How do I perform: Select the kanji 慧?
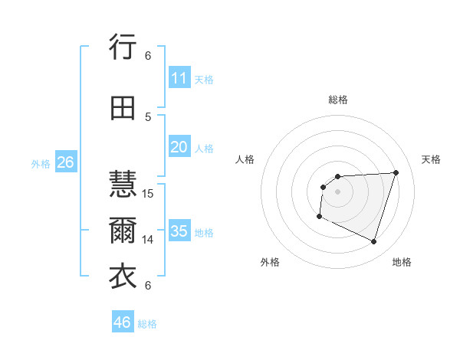[x=123, y=185]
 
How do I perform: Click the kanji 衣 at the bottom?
[x=123, y=277]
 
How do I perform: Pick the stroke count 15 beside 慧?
[x=148, y=193]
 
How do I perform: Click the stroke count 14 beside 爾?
[x=148, y=240]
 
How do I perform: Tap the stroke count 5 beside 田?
[x=148, y=116]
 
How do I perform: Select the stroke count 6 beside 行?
[x=148, y=56]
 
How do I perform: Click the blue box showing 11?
[x=179, y=78]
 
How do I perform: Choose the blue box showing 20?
[x=179, y=147]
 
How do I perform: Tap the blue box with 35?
[x=179, y=231]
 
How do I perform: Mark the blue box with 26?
[x=65, y=162]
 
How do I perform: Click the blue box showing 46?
[x=122, y=322]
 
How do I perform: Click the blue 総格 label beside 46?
[x=147, y=324]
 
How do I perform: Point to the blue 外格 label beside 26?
[x=41, y=164]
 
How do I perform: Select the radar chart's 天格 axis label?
[x=432, y=159]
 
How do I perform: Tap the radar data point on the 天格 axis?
[x=396, y=172]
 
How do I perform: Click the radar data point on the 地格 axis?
[x=373, y=242]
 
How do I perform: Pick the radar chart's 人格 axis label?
[x=245, y=159]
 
